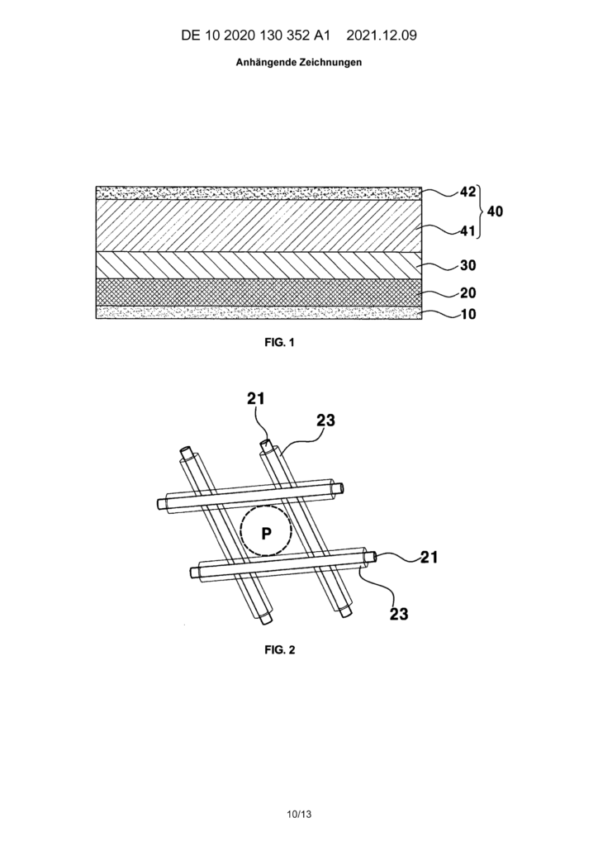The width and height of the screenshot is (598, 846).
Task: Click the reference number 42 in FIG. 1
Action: [467, 192]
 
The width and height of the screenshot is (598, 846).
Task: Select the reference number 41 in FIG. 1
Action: [467, 231]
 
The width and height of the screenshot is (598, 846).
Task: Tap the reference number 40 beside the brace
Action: [495, 211]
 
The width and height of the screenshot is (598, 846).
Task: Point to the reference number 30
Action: [467, 266]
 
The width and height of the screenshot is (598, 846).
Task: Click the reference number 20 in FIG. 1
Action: [467, 293]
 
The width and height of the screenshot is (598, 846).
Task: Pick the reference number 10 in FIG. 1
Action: [467, 314]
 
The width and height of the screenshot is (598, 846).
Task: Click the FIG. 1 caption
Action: [279, 342]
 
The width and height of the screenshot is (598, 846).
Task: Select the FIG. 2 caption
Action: [279, 649]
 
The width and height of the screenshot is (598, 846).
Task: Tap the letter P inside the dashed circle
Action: [266, 534]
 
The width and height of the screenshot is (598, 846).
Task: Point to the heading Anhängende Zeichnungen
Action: [299, 63]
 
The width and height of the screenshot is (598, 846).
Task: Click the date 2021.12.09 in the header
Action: [382, 36]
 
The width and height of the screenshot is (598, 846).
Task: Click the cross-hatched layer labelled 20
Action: [259, 292]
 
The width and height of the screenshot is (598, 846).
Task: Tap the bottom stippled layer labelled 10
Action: [259, 312]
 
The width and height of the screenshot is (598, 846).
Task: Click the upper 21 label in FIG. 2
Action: [256, 399]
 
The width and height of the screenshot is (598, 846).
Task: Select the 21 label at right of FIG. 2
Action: [430, 558]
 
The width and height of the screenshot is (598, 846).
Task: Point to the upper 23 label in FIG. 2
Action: [325, 421]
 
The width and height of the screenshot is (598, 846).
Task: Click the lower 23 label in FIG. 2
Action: [399, 614]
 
